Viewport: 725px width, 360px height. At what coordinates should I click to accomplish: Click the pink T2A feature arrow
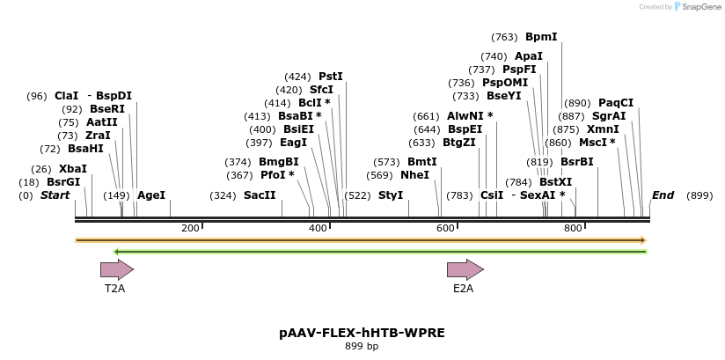coord(117,269)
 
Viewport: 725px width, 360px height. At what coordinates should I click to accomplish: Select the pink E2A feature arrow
coord(465,269)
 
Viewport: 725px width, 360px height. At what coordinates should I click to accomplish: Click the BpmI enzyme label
coord(541,37)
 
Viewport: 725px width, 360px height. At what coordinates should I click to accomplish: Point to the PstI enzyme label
coord(331,77)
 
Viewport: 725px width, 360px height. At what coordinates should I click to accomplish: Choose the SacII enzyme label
coord(260,195)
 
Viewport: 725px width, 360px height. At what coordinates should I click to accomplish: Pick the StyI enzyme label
coord(391,195)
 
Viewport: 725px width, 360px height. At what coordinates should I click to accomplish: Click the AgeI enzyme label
coord(151,195)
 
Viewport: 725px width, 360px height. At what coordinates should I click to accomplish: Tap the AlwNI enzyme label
coord(466,115)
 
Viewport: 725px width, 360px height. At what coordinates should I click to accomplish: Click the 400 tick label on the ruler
coord(319,228)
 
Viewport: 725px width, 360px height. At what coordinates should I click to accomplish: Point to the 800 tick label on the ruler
coord(574,228)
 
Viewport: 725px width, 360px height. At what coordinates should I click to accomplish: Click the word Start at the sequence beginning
coord(55,195)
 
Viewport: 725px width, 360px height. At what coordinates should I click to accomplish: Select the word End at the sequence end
coord(663,195)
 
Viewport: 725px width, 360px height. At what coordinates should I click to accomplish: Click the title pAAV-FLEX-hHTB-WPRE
coord(362,333)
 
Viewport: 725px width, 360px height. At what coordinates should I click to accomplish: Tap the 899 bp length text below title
coord(362,346)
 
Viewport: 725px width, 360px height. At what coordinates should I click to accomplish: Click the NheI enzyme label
coord(414,175)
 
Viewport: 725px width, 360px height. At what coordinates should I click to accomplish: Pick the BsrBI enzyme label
coord(576,162)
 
